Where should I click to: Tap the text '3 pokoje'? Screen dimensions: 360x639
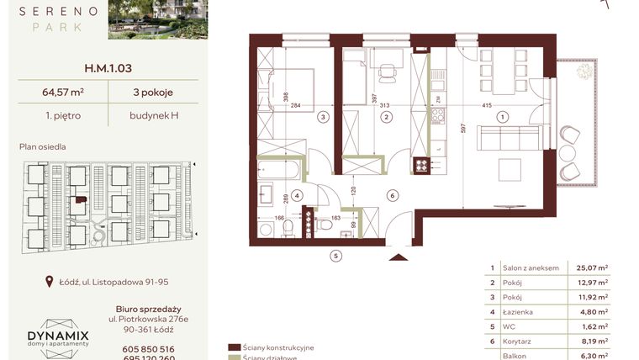pos(152,93)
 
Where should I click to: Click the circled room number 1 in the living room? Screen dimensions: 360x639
pos(503,118)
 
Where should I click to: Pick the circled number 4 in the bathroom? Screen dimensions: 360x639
pos(298,195)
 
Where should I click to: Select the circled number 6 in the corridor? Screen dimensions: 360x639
pos(392,195)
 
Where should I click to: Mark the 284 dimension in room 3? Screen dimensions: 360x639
pos(295,106)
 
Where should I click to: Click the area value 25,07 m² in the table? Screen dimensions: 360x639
pos(591,267)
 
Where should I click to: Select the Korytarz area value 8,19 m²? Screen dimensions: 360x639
pos(591,341)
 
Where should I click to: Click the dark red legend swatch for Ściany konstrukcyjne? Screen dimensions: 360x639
pos(234,347)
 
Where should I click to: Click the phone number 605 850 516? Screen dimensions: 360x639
pos(147,348)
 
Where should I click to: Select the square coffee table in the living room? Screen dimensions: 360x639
pos(510,169)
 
